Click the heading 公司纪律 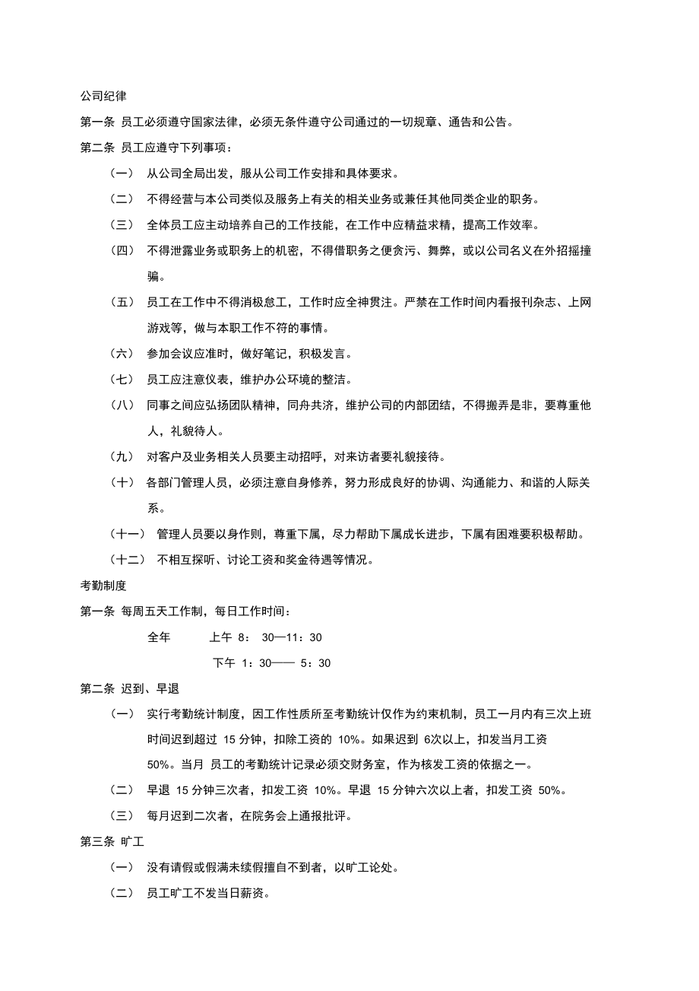[x=103, y=97]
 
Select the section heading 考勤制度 [x=103, y=585]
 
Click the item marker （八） [x=122, y=405]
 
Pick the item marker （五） [x=122, y=303]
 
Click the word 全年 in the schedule [x=159, y=637]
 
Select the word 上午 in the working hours [x=221, y=637]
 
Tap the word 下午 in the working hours [x=224, y=662]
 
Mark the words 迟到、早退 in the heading [x=150, y=688]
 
